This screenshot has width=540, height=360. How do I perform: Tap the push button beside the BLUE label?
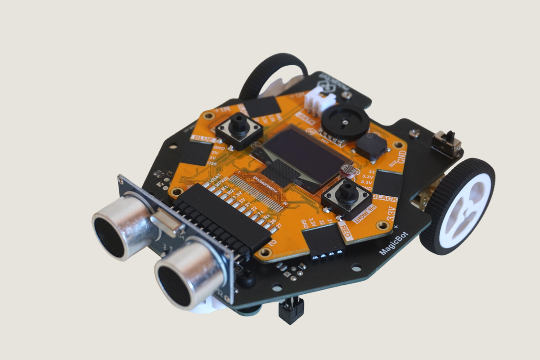[239, 129]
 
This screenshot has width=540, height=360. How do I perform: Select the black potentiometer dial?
[346, 122]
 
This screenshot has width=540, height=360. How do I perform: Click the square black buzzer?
[372, 146]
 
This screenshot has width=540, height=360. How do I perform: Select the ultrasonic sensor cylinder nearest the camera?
[189, 275]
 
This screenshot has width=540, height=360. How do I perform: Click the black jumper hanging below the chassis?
[291, 311]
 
